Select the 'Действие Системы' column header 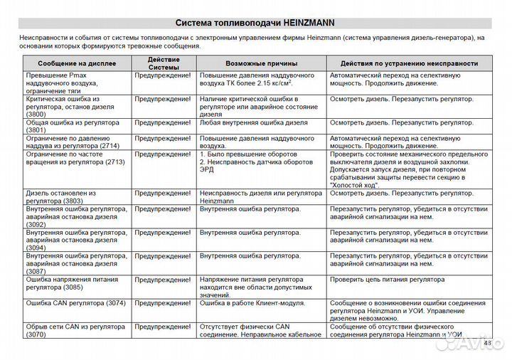click(164, 63)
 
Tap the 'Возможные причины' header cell click(261, 64)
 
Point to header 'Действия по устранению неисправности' click(409, 64)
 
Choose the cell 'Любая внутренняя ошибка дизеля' click(253, 122)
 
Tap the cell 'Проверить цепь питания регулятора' click(387, 280)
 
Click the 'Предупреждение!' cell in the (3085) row click(163, 280)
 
